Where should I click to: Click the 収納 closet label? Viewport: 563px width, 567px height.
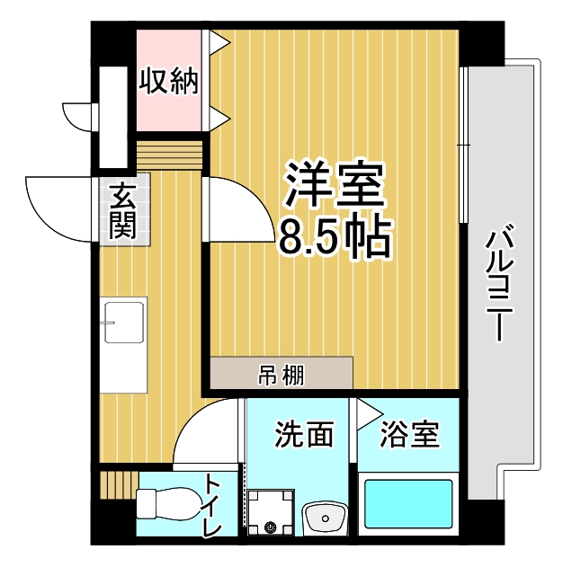(x=169, y=81)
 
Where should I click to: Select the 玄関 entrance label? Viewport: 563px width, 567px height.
(x=123, y=211)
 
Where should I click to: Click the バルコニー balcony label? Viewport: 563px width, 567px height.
(x=499, y=282)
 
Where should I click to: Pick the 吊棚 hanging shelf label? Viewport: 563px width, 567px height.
(x=281, y=375)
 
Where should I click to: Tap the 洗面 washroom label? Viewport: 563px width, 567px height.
(x=304, y=434)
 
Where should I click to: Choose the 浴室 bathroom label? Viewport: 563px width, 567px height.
(x=409, y=434)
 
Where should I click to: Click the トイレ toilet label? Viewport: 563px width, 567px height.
(x=213, y=505)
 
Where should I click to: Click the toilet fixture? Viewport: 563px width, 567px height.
(x=169, y=504)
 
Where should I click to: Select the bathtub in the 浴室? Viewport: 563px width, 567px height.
(x=408, y=504)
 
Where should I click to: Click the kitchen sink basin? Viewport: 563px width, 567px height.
(x=124, y=323)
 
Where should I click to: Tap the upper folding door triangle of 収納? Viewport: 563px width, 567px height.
(x=219, y=42)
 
